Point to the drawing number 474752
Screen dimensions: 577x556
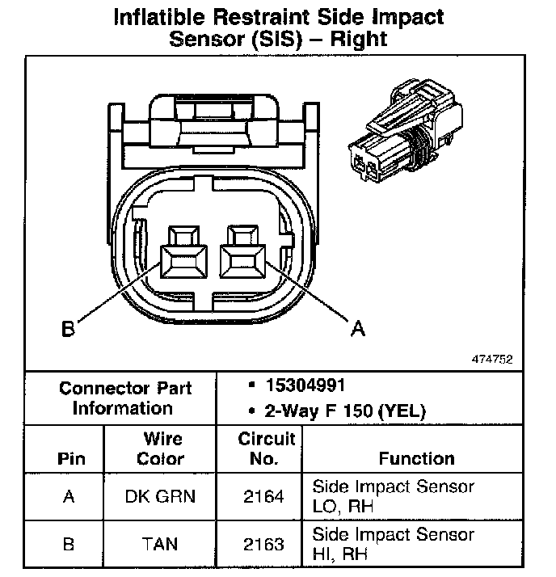(492, 359)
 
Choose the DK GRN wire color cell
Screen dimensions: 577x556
(160, 495)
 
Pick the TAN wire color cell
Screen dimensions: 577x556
(160, 543)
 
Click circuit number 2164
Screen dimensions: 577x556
(263, 495)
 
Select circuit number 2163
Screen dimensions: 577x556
(263, 543)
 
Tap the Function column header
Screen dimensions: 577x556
(416, 459)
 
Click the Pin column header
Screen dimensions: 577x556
(68, 459)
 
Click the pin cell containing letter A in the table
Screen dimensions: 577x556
(68, 495)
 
